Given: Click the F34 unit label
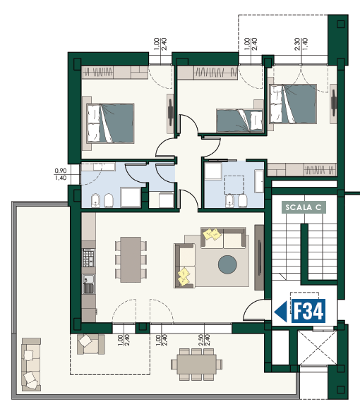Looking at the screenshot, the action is pos(308,311).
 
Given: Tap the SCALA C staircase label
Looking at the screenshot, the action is pos(304,207).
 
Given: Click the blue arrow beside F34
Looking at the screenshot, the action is pos(280,312).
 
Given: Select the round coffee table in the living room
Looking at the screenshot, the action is pos(227,264).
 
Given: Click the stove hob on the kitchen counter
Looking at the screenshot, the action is pos(88,257).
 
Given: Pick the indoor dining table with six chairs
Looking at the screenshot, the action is pos(131,259).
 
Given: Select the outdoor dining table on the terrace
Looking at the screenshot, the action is pos(197,365).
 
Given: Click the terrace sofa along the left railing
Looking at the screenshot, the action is pos(31,365).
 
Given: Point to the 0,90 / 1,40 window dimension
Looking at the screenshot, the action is pos(61,174).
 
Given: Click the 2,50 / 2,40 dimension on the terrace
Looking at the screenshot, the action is pos(204,340).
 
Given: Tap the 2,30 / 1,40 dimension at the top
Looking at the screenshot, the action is pos(301,44).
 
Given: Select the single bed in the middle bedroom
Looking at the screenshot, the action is pos(239,120).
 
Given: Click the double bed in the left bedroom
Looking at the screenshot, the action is pos(110,123).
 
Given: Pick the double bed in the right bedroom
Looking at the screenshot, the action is pos(293,104).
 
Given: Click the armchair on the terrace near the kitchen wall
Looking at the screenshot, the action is pos(91,344).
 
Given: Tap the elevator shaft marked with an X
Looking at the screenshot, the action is pos(317,348).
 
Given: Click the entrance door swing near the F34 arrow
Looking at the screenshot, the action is pos(254,310).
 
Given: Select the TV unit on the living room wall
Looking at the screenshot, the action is pos(259,257).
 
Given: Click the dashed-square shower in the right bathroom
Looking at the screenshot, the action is pos(234,185).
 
